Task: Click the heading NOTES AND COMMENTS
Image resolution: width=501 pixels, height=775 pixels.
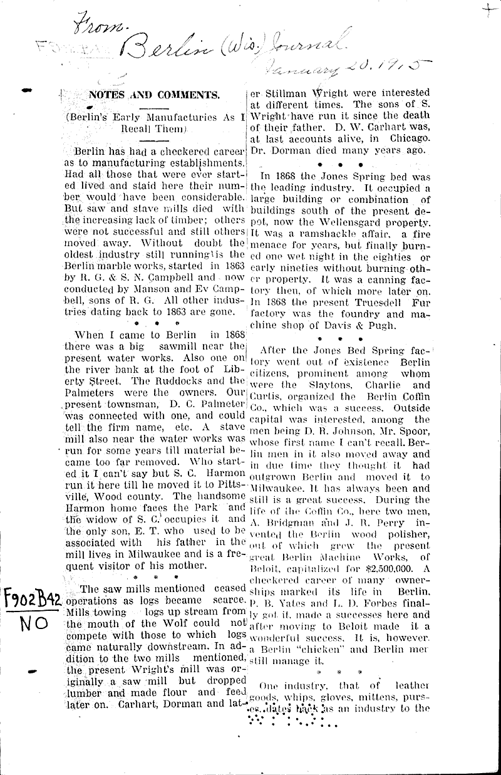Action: click(153, 95)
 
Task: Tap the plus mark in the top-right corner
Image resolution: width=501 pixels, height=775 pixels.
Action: click(486, 11)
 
